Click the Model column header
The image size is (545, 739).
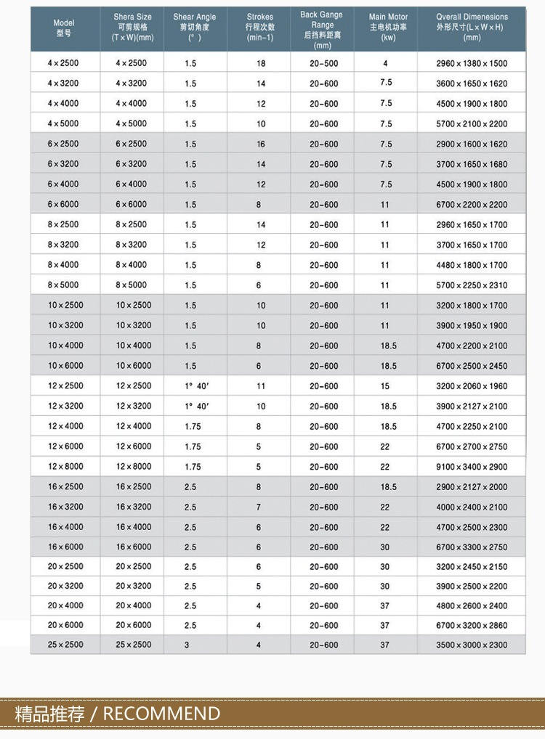pos(64,28)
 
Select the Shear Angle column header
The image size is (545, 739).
pos(195,27)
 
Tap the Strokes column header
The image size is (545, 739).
pos(259,27)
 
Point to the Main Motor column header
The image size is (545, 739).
pos(388,27)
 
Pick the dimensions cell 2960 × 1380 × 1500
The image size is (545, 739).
pos(472,63)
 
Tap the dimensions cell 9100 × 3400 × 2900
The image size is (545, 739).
pos(472,467)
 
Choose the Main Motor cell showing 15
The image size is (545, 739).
pos(385,386)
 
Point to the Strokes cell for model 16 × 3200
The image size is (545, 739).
pos(259,507)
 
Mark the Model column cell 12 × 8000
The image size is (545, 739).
pos(65,466)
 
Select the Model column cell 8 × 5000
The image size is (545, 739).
pos(63,285)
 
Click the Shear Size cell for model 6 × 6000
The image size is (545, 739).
pos(131,204)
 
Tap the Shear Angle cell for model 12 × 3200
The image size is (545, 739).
pos(196,406)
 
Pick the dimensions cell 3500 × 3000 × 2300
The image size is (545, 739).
pos(472,645)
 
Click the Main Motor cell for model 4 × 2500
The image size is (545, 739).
pos(385,63)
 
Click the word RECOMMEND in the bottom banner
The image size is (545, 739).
pos(161,714)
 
